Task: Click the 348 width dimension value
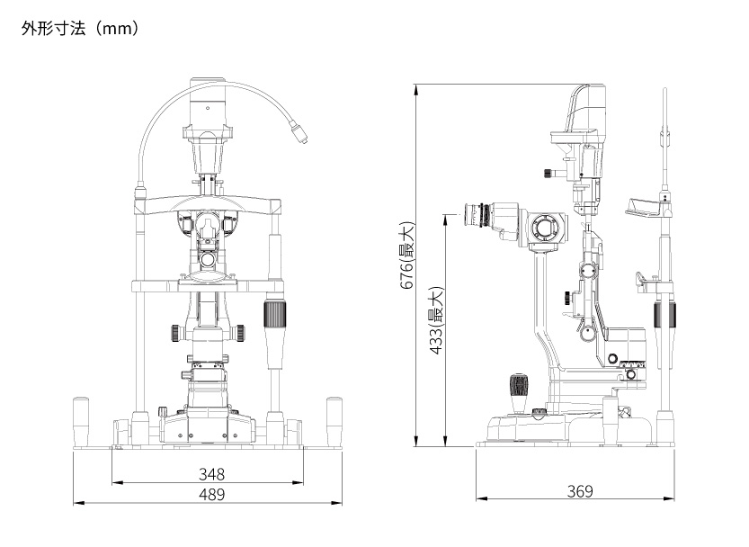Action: [212, 473]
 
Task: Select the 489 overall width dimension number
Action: [212, 494]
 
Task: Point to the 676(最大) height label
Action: [407, 256]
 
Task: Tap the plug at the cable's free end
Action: [301, 136]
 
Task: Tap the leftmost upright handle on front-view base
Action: [82, 419]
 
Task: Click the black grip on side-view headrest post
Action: [664, 316]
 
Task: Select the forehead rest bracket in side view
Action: [650, 207]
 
